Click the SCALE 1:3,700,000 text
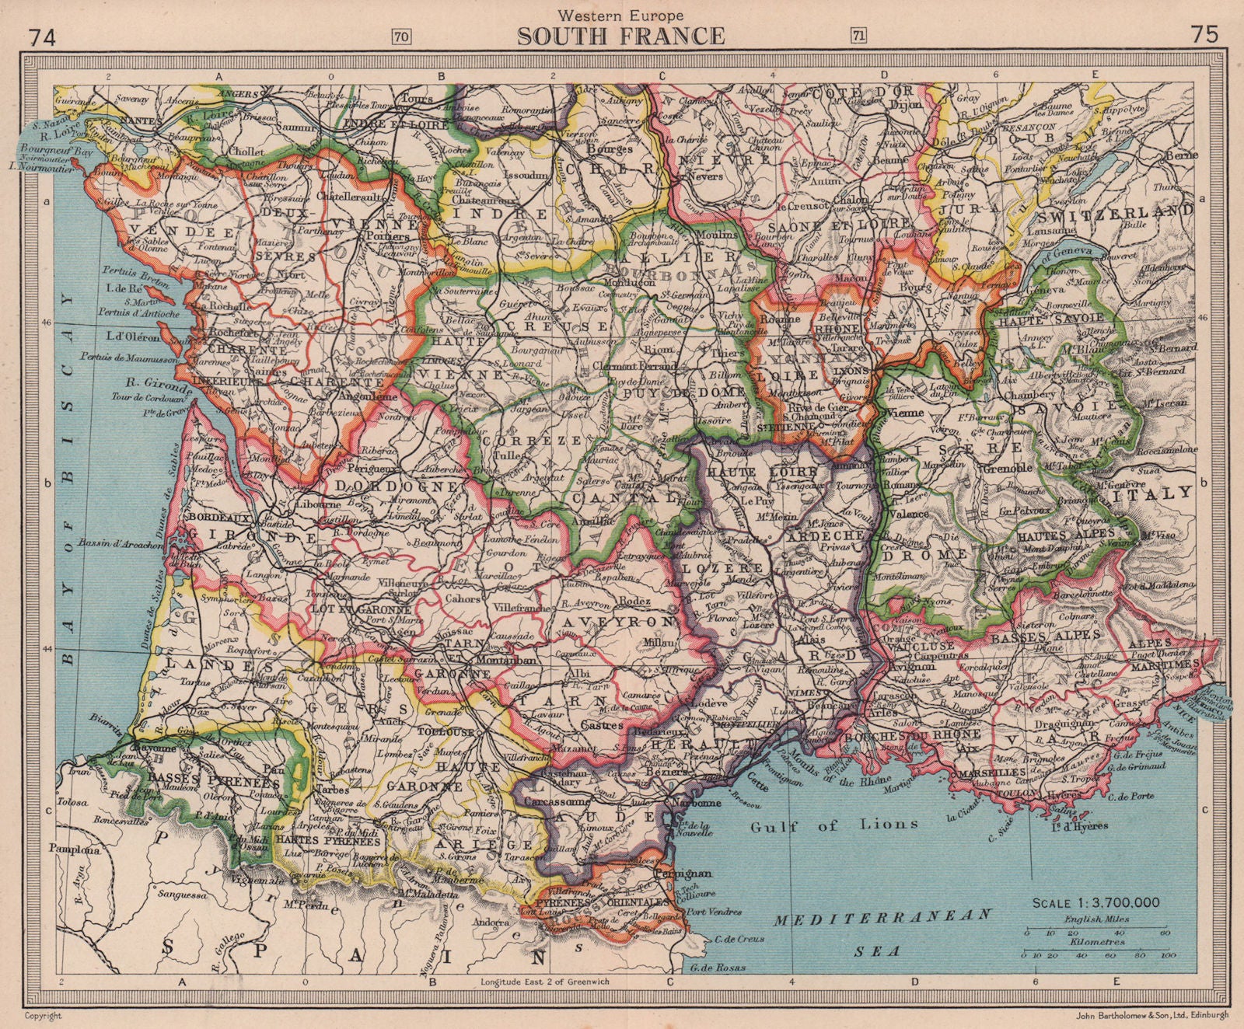tap(1096, 903)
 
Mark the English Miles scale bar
tap(1097, 930)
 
